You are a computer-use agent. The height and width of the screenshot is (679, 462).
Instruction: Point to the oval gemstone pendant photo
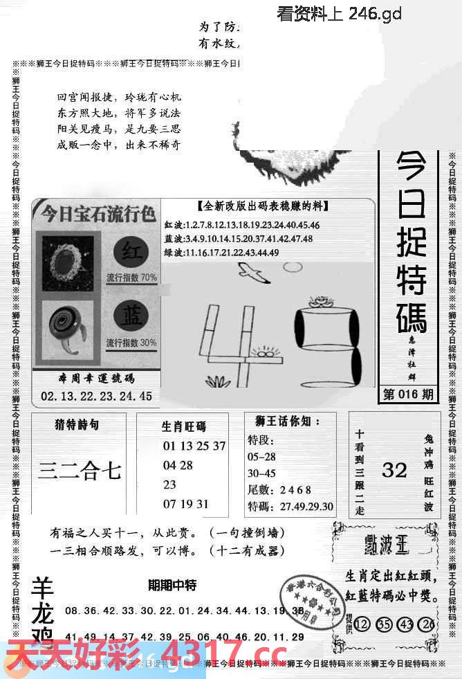68,258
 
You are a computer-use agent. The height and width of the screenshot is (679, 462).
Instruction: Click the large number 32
394,470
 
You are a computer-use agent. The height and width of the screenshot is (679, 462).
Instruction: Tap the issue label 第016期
408,395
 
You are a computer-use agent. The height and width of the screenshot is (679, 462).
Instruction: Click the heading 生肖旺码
183,426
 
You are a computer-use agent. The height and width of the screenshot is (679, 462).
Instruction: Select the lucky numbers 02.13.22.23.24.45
96,396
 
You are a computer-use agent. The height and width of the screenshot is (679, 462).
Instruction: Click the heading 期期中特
172,586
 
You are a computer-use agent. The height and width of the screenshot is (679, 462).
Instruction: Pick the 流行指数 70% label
131,278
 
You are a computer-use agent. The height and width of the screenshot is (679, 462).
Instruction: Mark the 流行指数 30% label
131,343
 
